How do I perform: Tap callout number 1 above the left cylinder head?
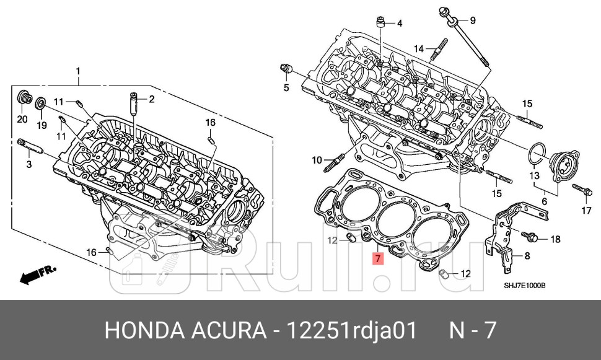coord(78,71)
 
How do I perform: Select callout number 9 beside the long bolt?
coord(473,21)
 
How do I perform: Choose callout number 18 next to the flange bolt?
coord(555,239)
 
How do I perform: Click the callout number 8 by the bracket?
coord(527,255)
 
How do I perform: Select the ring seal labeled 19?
coord(41,103)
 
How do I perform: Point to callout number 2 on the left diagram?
coord(151,99)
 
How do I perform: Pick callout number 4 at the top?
coord(399,24)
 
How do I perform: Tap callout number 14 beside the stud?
coord(418,49)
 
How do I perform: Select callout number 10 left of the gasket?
coord(317,161)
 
